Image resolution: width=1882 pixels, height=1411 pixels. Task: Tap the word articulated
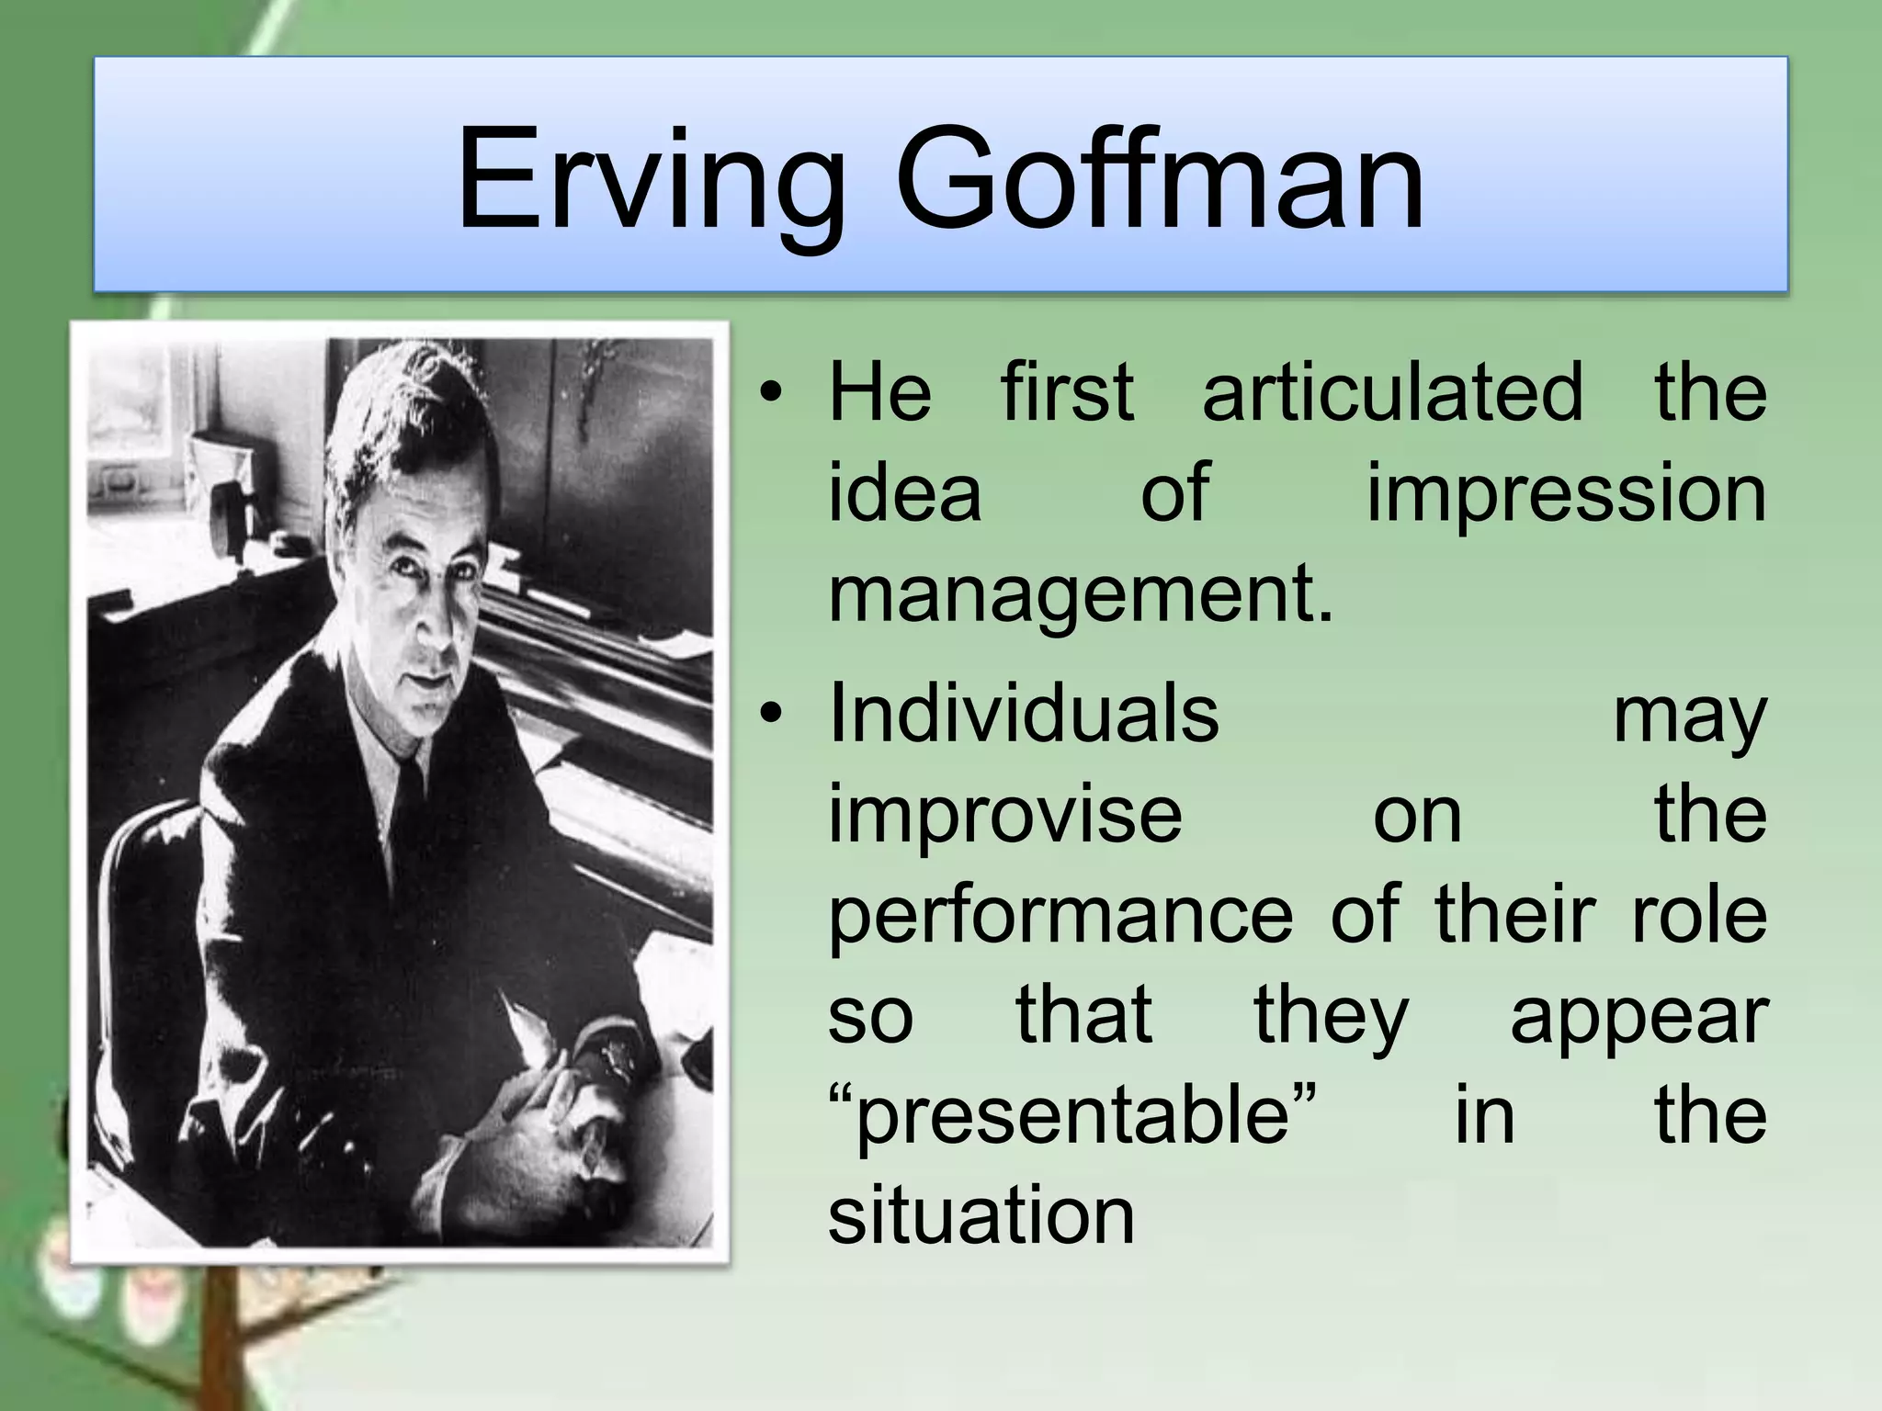point(1392,392)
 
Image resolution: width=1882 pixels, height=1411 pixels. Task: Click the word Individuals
point(1024,714)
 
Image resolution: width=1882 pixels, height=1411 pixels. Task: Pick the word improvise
point(1005,815)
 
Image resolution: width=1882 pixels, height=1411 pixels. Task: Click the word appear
point(1639,1018)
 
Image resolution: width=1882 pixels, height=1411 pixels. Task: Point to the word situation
point(981,1216)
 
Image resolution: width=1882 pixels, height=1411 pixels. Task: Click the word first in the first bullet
point(1067,392)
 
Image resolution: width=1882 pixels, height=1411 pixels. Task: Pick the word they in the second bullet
point(1331,1018)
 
